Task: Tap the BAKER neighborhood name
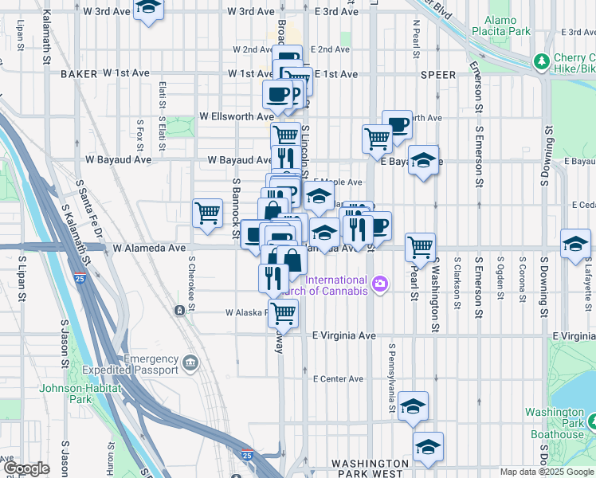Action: pos(78,73)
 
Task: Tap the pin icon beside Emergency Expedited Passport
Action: pos(190,363)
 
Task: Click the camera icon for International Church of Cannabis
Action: pos(380,283)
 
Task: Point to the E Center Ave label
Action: pos(339,378)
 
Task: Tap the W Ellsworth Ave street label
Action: pos(236,116)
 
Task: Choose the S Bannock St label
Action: pos(236,210)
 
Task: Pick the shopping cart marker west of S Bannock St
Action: pos(207,214)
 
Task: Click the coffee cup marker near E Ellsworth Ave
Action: pos(397,123)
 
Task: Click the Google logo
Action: pos(26,468)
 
